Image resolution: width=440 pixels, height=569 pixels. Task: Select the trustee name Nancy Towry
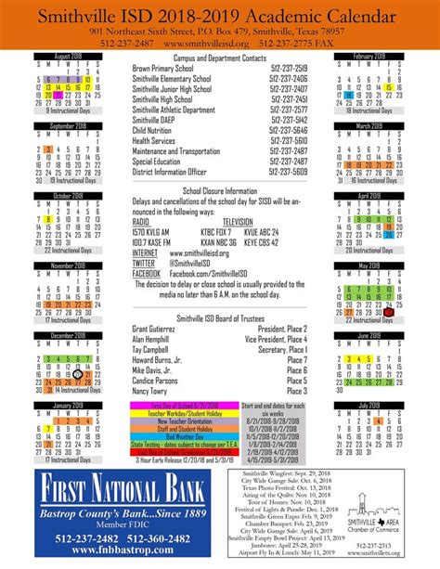(x=156, y=392)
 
